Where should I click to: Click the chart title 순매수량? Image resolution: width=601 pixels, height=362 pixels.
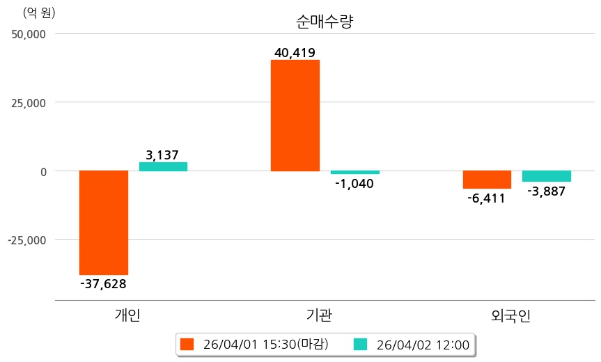point(325,22)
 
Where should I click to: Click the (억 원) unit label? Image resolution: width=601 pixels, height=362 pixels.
point(39,13)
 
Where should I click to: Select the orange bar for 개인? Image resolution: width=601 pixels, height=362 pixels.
point(104,222)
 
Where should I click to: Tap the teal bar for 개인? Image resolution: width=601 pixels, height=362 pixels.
point(163,166)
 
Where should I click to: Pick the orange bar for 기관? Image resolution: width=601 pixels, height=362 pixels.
point(295,116)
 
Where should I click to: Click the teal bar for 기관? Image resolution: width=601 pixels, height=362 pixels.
point(354,172)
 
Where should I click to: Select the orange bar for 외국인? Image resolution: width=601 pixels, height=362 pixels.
point(487,180)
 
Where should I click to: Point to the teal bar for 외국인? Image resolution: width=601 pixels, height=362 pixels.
point(546,176)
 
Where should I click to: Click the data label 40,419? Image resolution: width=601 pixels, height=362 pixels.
point(295,52)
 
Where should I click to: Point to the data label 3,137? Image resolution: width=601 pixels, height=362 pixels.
point(163,155)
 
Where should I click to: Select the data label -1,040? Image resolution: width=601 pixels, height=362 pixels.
point(354,184)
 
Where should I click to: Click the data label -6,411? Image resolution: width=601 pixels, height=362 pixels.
point(487,198)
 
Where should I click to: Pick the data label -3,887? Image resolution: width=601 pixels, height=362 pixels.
point(546,191)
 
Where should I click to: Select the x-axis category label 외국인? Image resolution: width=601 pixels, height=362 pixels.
point(510,315)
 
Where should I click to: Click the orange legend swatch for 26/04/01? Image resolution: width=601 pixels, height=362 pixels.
point(187,344)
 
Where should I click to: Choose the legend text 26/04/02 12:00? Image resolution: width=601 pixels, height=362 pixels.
point(422,344)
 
